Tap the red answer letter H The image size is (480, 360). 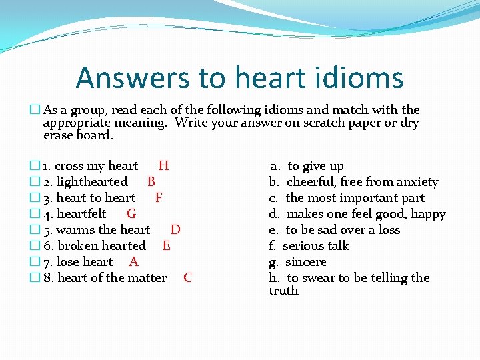click(163, 166)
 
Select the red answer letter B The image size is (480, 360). click(151, 182)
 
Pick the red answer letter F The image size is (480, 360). click(159, 198)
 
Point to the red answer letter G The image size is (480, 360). click(131, 214)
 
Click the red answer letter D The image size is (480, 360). click(175, 230)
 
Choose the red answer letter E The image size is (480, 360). click(166, 246)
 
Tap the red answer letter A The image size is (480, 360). click(133, 262)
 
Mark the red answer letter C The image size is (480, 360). click(187, 278)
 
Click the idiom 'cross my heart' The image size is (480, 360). click(95, 166)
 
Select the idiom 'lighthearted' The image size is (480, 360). click(92, 182)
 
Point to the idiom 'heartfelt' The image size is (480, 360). click(81, 214)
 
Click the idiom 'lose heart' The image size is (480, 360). click(85, 262)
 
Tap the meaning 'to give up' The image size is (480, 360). click(315, 166)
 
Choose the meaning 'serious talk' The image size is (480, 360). click(315, 246)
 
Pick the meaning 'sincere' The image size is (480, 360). click(305, 262)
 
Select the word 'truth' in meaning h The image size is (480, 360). click(283, 291)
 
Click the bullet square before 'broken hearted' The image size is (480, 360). click(35, 246)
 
